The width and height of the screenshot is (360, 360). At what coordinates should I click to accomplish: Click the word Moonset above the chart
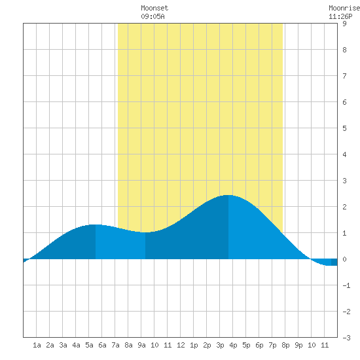(154, 8)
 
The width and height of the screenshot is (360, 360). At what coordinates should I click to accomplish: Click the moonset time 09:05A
(153, 16)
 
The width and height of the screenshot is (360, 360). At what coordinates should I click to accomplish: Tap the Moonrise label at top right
(344, 8)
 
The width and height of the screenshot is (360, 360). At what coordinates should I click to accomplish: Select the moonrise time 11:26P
(340, 16)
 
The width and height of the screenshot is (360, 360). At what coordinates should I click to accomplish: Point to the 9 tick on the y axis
(344, 24)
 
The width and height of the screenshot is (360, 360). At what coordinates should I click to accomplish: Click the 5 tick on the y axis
(344, 128)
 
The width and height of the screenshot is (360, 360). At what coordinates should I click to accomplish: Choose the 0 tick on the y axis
(344, 259)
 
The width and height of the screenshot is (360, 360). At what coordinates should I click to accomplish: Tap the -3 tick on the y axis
(346, 338)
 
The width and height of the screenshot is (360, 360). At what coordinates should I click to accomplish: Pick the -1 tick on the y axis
(346, 285)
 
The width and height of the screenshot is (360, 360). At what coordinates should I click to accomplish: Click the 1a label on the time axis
(37, 345)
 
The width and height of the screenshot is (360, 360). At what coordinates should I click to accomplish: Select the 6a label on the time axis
(102, 345)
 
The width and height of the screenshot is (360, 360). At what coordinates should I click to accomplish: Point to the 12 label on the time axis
(181, 345)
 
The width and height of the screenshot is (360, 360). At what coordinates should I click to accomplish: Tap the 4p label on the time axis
(233, 345)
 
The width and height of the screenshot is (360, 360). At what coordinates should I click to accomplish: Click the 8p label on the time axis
(285, 345)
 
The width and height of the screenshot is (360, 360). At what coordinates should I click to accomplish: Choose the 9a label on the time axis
(141, 345)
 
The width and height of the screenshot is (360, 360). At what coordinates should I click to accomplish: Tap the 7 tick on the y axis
(344, 76)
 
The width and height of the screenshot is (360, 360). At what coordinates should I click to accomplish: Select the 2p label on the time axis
(207, 345)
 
